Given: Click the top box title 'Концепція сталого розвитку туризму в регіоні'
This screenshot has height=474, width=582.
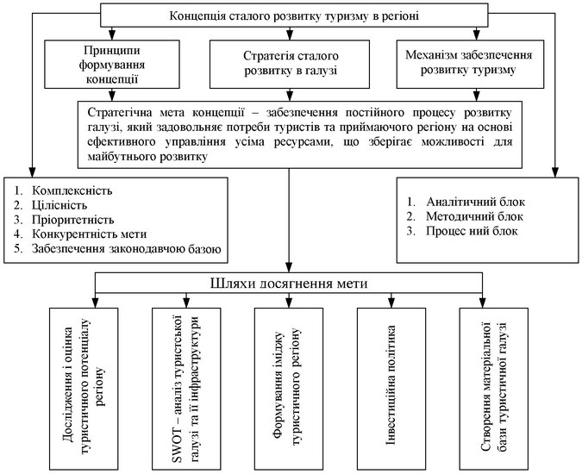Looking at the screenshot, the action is pyautogui.click(x=294, y=16).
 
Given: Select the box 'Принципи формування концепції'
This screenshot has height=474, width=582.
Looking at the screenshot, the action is pyautogui.click(x=112, y=64).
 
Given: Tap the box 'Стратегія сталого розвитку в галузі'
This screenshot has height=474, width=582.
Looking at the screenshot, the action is pyautogui.click(x=290, y=64).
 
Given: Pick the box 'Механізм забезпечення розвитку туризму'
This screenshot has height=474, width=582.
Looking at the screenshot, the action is pyautogui.click(x=470, y=64).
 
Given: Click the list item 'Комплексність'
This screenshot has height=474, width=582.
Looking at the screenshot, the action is pyautogui.click(x=72, y=190).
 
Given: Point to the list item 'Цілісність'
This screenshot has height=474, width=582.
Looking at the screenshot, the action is pyautogui.click(x=59, y=205).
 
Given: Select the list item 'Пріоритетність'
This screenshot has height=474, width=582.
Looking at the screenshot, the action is pyautogui.click(x=72, y=220).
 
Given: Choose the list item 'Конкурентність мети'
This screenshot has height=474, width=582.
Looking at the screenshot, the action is pyautogui.click(x=89, y=234).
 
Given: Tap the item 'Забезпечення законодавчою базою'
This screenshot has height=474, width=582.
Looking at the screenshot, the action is pyautogui.click(x=126, y=248).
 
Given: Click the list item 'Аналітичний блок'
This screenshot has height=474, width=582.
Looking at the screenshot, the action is pyautogui.click(x=475, y=202).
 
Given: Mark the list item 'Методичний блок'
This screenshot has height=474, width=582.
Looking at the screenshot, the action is pyautogui.click(x=474, y=216).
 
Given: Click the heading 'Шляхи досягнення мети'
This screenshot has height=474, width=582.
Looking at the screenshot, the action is pyautogui.click(x=289, y=284).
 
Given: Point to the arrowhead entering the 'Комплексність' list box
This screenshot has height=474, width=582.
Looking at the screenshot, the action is pyautogui.click(x=32, y=172).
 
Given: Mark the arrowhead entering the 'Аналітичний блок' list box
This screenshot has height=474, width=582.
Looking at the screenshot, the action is pyautogui.click(x=555, y=172).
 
